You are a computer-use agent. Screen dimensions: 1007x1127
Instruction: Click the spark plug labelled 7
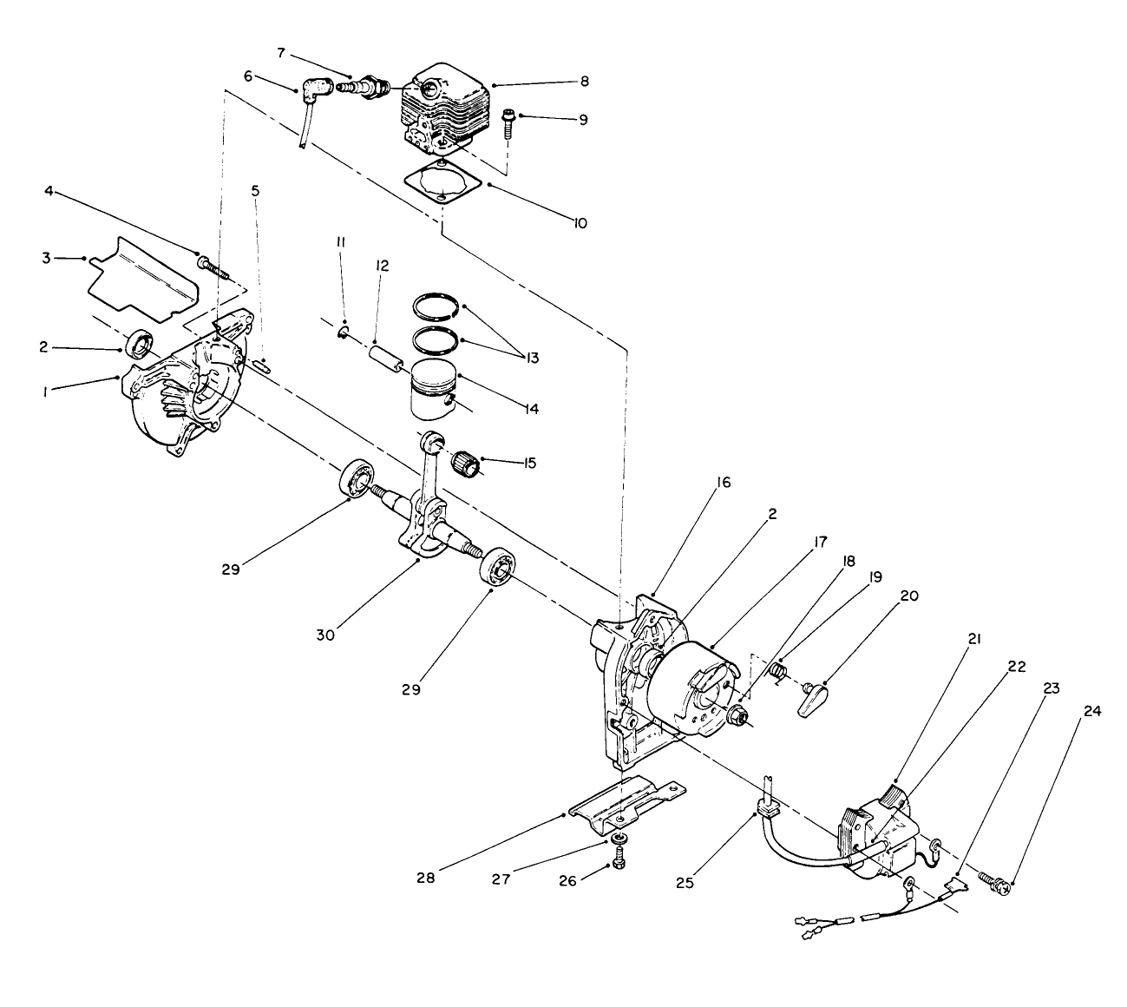pos(363,88)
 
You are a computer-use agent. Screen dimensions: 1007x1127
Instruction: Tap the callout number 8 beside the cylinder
pos(584,82)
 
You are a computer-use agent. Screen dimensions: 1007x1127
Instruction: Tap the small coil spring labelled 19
pos(779,671)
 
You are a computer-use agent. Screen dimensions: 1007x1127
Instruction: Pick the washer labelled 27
pos(619,839)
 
